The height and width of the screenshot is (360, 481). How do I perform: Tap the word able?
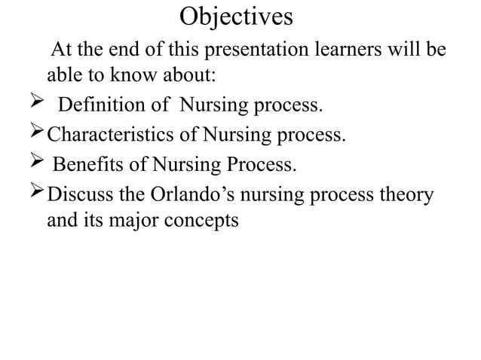pos(63,76)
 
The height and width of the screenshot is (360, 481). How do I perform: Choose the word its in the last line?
pos(93,222)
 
